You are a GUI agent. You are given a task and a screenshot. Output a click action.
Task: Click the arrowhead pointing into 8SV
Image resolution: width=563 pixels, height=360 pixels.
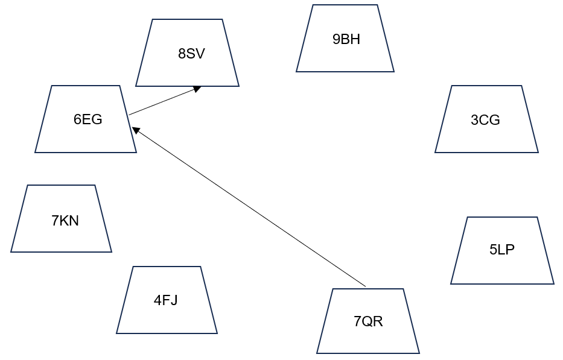click(x=197, y=89)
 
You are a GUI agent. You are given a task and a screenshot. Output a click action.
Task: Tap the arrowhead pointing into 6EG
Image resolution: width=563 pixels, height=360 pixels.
click(x=136, y=130)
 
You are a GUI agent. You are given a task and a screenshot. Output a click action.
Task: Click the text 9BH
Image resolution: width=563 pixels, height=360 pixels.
click(x=346, y=40)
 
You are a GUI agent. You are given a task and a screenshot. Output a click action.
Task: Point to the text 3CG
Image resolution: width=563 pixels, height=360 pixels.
click(x=485, y=120)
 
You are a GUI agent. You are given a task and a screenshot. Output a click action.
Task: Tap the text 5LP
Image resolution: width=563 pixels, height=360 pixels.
click(x=502, y=250)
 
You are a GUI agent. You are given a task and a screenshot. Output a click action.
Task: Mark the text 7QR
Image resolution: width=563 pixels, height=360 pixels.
click(x=368, y=321)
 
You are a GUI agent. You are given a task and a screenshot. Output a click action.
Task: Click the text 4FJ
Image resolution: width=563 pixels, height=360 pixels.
click(x=165, y=300)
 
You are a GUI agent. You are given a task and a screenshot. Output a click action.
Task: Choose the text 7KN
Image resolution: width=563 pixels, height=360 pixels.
click(x=65, y=221)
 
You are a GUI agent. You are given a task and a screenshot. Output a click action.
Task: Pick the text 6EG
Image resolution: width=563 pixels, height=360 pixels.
click(x=88, y=119)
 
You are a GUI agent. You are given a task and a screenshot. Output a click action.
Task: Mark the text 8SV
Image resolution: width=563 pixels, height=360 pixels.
click(x=191, y=54)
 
